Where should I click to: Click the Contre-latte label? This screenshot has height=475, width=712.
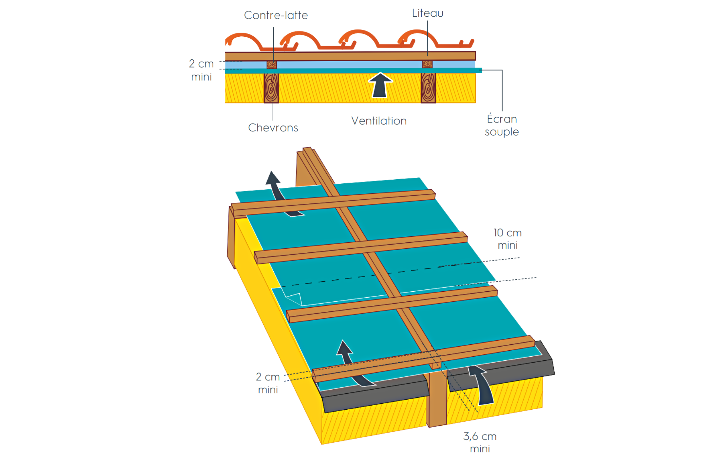276,15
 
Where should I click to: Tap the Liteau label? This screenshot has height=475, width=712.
428,13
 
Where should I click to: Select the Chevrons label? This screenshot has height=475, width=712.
273,128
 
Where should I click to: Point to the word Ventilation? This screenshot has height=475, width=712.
379,121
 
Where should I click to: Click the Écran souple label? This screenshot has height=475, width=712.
502,125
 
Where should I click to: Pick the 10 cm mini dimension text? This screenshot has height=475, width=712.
507,239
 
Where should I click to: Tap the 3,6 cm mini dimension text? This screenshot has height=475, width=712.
480,442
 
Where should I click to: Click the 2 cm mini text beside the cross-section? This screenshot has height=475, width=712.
201,70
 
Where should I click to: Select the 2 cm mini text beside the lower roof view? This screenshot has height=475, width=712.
268,383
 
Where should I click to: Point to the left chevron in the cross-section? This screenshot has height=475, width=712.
271,88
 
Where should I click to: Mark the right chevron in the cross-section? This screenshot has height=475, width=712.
428,88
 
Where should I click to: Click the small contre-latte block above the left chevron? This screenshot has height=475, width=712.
272,65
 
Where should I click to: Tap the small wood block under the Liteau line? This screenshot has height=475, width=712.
428,64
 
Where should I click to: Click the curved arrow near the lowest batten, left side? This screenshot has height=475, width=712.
352,367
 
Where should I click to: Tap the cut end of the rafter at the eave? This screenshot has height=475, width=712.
438,399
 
